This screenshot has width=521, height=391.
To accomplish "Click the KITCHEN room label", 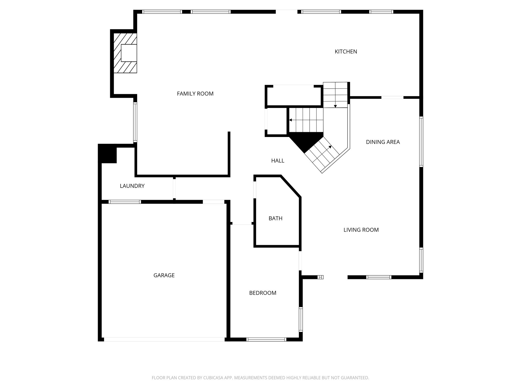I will coord(346,52).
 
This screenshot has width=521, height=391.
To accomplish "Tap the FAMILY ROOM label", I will coord(195,94).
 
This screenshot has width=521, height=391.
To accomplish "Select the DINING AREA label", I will coord(383,142).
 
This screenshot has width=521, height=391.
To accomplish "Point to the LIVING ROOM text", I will coord(361,230).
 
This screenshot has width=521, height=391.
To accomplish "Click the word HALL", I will coord(278,161).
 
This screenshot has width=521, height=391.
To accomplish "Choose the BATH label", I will coord(275,218).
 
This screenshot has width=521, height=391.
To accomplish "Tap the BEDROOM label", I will coord(263,293).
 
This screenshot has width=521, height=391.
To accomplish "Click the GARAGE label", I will coord(164,275).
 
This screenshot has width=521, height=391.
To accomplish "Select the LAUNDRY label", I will coord(132,186).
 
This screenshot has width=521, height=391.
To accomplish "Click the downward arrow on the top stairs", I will coord(335,106).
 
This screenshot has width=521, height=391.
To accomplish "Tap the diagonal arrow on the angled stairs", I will coord(330,147).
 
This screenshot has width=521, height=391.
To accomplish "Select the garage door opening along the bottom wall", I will coord(164,339).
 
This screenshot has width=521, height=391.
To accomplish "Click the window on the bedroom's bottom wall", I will coord(266,339).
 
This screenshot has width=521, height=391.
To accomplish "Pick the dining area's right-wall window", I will coord(421,142).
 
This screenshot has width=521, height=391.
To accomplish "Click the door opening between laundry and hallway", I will coord(174,189).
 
